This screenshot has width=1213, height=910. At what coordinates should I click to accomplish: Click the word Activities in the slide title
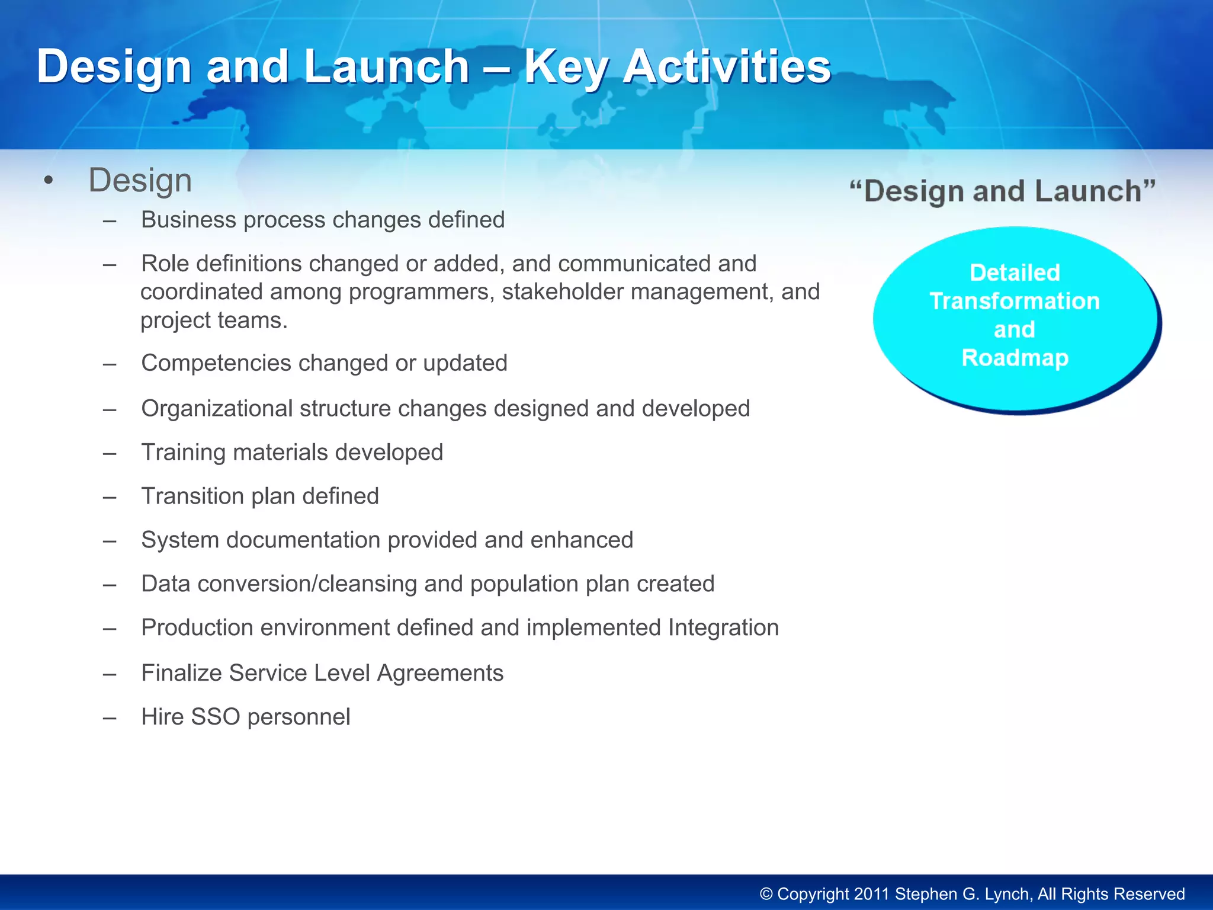(x=727, y=66)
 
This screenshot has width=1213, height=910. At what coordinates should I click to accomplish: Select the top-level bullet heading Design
(x=140, y=180)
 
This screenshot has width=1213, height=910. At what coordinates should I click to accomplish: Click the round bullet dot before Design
(x=49, y=180)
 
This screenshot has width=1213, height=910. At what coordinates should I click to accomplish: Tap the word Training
(x=183, y=453)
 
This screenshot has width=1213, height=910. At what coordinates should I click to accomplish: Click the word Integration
(x=723, y=628)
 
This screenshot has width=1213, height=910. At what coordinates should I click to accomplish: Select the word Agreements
(x=440, y=674)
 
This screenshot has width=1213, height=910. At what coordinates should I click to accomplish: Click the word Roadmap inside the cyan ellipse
(x=1015, y=358)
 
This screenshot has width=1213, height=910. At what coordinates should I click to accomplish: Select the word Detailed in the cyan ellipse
(x=1015, y=273)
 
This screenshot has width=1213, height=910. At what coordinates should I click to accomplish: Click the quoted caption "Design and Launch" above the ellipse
(x=1002, y=191)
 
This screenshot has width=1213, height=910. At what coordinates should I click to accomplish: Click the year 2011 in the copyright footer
(x=871, y=894)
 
